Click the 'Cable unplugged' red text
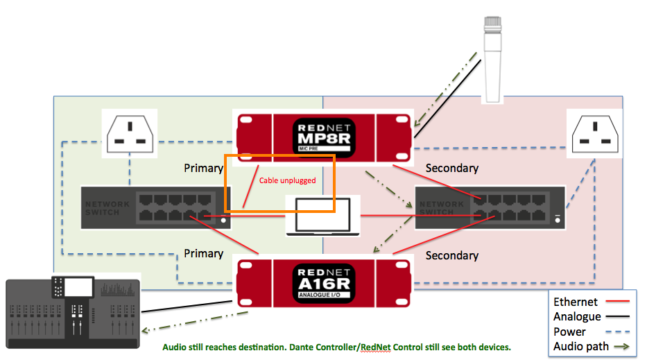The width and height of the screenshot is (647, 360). tap(287, 180)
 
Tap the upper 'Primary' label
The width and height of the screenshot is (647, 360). tap(203, 168)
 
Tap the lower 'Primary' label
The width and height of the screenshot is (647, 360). tap(203, 253)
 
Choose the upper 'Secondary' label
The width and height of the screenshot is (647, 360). tap(451, 168)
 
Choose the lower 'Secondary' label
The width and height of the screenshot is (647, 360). tap(451, 255)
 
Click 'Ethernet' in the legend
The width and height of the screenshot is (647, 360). tap(575, 302)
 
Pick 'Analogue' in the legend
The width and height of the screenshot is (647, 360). tap(577, 316)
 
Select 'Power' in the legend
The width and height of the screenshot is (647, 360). tap(569, 332)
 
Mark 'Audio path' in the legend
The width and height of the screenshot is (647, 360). tap(580, 346)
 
